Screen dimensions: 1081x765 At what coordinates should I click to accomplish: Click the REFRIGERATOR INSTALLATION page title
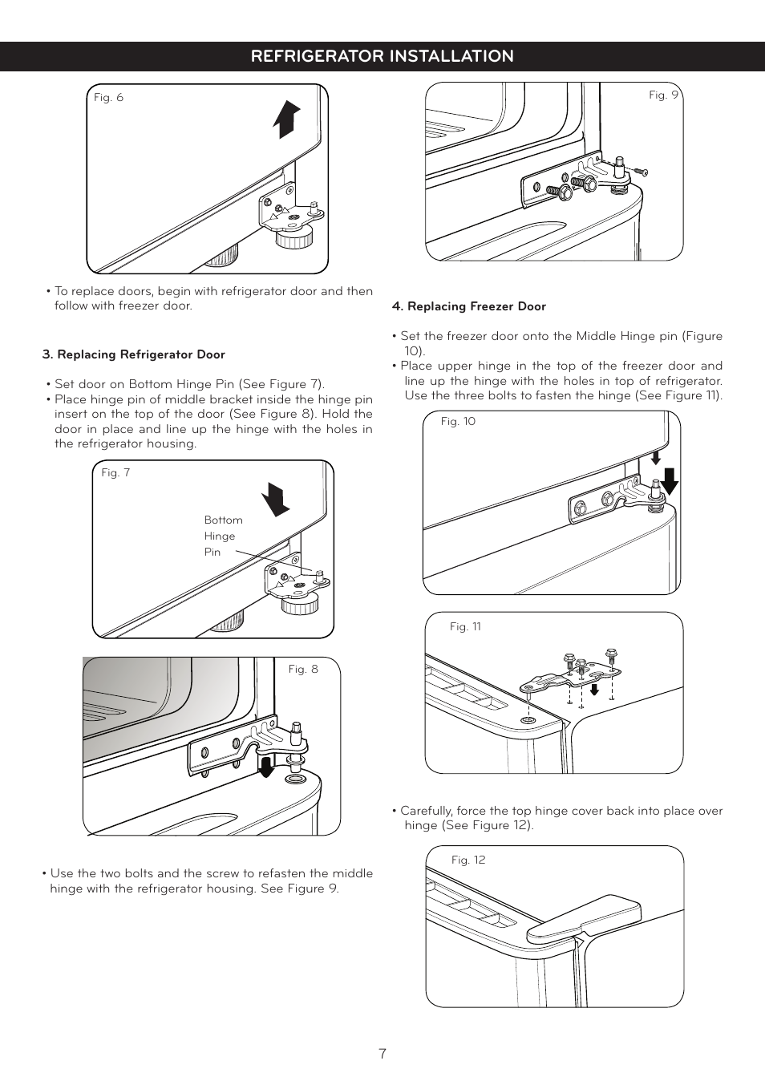(382, 56)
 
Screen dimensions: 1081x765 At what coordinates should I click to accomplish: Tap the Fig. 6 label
(108, 98)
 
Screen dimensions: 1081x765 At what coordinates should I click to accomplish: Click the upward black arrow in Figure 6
(286, 119)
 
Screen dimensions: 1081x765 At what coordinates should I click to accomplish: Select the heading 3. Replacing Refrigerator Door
(133, 354)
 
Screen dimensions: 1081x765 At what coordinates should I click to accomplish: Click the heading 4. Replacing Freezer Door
(468, 306)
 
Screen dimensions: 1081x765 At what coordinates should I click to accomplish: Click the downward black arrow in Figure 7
(276, 499)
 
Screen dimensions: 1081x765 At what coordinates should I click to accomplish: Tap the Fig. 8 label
(303, 670)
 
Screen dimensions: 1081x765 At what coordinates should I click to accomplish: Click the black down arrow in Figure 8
(266, 767)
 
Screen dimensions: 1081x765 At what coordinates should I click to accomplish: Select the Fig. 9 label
(663, 95)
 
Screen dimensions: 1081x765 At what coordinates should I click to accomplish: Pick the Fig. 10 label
(458, 422)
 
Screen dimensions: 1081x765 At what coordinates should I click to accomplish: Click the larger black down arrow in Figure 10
(670, 481)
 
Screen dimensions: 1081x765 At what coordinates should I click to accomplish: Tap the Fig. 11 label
(465, 627)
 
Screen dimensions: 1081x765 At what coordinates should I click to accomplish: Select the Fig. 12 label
(468, 860)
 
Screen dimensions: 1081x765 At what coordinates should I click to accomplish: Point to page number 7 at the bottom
(382, 1054)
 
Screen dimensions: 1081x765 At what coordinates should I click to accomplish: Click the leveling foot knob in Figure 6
(293, 237)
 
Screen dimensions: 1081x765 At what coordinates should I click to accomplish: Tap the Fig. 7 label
(115, 473)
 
